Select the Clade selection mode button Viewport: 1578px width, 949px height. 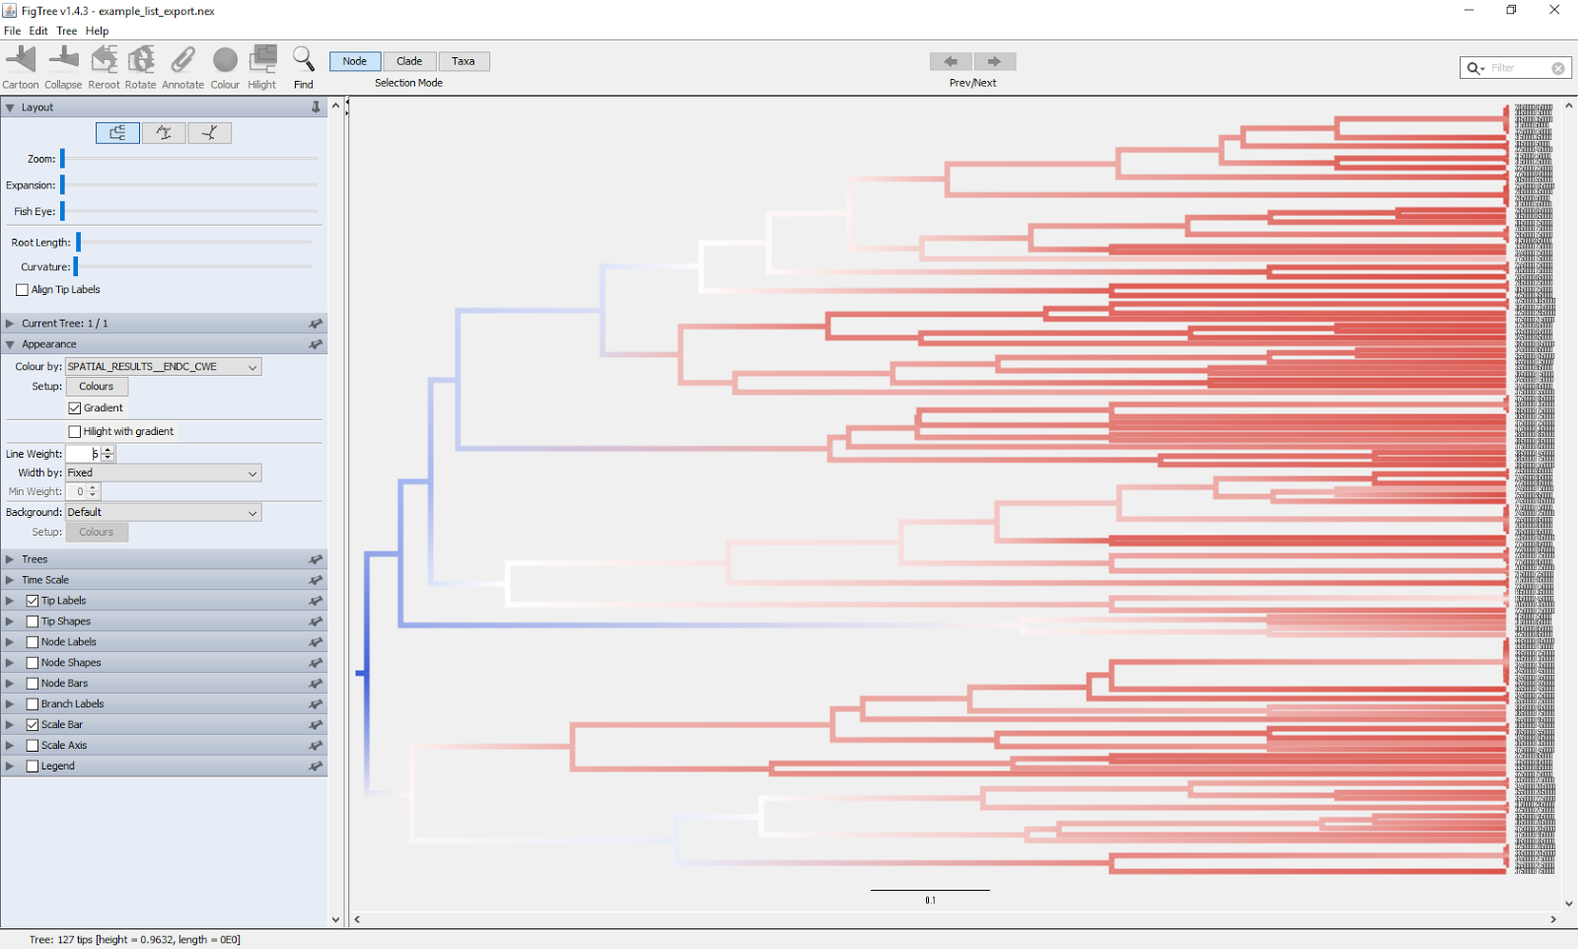point(409,61)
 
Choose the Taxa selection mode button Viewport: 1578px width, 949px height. point(464,61)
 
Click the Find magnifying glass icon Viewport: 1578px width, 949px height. point(304,60)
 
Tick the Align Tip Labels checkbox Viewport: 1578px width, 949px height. point(23,290)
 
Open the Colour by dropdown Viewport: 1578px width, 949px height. point(163,367)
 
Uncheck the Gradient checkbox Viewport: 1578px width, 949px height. point(75,408)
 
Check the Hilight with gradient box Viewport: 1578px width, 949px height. point(75,432)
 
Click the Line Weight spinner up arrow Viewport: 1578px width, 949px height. point(108,450)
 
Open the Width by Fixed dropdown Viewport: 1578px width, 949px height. point(163,474)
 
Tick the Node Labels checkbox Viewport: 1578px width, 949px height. point(33,642)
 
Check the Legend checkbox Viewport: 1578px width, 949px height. point(33,766)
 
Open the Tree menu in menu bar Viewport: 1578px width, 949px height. point(66,31)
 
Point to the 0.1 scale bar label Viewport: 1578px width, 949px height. point(930,901)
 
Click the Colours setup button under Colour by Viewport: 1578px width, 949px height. point(97,387)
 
